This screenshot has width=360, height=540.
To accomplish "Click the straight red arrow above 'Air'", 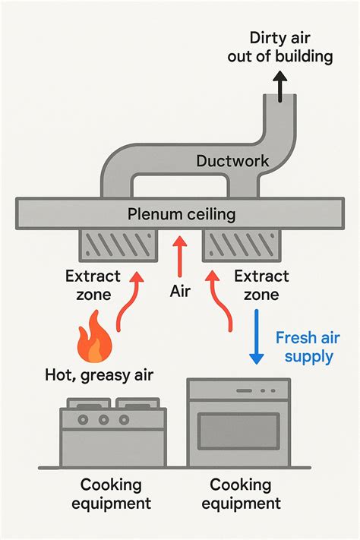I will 180,256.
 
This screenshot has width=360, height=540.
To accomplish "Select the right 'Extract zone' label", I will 261,285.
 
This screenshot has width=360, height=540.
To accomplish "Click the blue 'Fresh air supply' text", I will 307,346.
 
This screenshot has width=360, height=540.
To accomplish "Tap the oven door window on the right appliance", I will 238,431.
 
